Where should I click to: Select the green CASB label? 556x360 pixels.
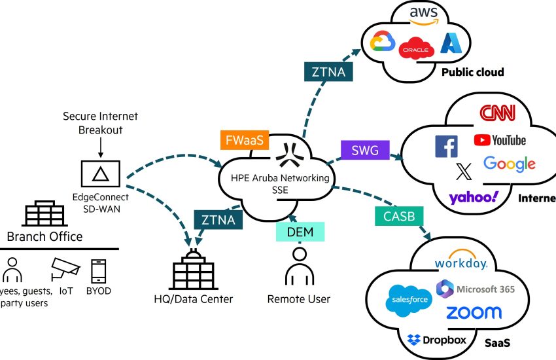(394, 216)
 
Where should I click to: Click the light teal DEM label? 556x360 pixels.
(300, 232)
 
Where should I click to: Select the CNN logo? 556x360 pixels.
(497, 113)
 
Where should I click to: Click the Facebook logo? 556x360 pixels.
(446, 147)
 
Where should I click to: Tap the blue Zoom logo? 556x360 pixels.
(474, 312)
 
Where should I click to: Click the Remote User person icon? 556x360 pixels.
(299, 266)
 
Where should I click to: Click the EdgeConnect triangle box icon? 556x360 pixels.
(99, 173)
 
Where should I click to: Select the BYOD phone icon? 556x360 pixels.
(99, 270)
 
